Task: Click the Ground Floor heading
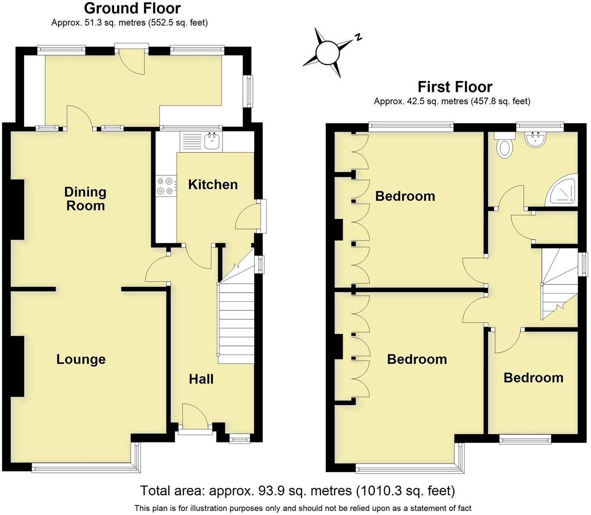(x=132, y=8)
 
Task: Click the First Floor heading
(x=454, y=87)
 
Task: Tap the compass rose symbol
(x=329, y=52)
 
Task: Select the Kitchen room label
(x=213, y=184)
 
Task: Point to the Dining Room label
(x=85, y=198)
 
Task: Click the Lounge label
(x=81, y=359)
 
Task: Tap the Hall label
(x=201, y=379)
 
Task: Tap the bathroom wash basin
(x=535, y=140)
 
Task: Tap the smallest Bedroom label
(x=533, y=378)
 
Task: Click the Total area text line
(x=297, y=490)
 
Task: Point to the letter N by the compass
(x=358, y=37)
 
